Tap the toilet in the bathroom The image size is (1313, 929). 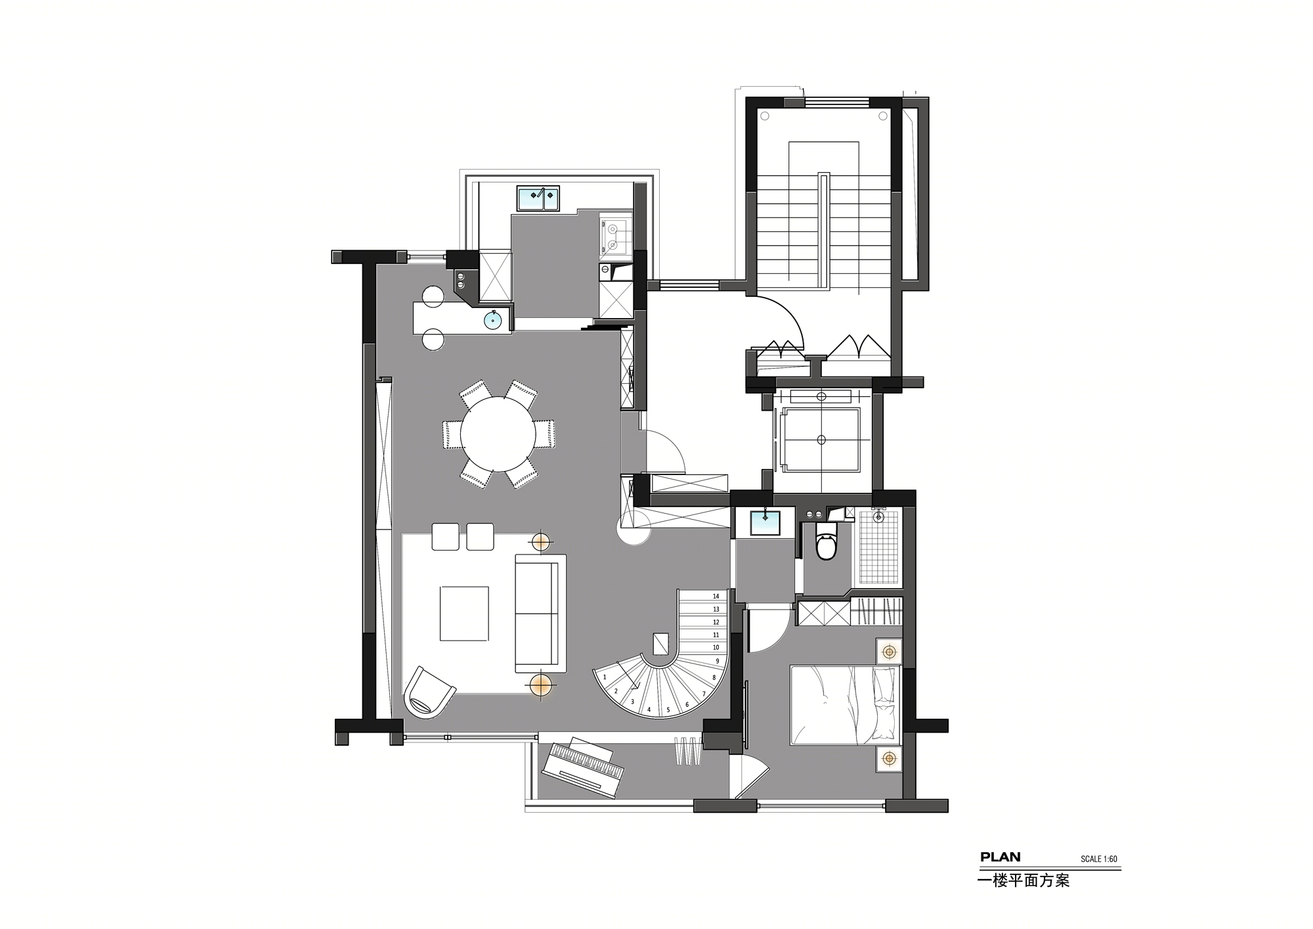(x=825, y=542)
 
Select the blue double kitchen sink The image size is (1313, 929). (x=538, y=198)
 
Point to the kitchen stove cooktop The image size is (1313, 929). (x=613, y=237)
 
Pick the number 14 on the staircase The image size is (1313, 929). (x=716, y=597)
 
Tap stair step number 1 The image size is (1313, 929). (x=605, y=677)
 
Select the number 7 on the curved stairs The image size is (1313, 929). (x=704, y=694)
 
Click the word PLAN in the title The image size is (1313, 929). (x=1001, y=857)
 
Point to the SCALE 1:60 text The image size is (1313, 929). (x=1099, y=859)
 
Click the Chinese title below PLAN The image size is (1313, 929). (x=1024, y=880)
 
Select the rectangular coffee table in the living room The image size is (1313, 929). (x=464, y=613)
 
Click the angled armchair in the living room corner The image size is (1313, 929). (x=428, y=691)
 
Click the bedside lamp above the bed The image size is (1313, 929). (x=890, y=652)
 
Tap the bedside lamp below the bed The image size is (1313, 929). (x=889, y=759)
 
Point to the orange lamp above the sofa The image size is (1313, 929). (x=540, y=541)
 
